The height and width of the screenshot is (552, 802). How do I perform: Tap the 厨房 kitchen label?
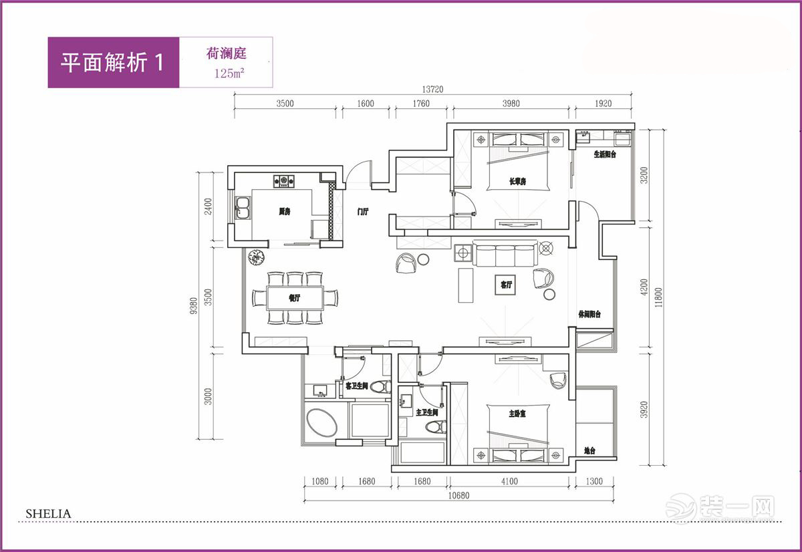click(x=285, y=212)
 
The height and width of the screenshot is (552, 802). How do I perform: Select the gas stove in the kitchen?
click(x=284, y=180)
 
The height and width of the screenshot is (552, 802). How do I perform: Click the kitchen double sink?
click(x=241, y=208)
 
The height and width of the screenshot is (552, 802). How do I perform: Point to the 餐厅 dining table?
click(x=295, y=298)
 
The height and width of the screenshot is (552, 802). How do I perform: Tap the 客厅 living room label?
click(x=506, y=285)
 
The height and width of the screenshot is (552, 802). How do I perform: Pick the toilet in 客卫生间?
click(x=381, y=387)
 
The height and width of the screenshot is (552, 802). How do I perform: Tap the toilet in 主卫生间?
click(x=435, y=428)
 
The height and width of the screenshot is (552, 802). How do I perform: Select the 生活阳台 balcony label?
click(x=604, y=154)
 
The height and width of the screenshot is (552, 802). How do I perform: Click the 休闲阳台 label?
click(x=589, y=314)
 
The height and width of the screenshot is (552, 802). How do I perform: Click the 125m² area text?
click(x=229, y=74)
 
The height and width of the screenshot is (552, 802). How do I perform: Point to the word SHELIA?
click(x=48, y=514)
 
